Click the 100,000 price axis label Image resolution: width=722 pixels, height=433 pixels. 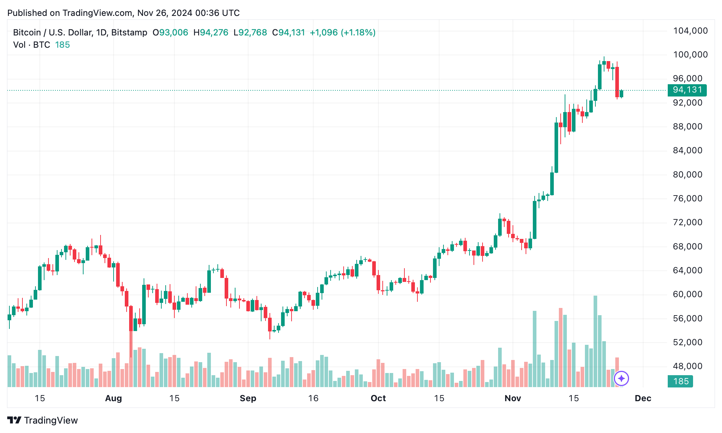(x=690, y=55)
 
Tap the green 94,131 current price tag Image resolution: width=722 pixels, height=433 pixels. (x=687, y=90)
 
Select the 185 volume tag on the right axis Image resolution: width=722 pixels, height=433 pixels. (x=680, y=381)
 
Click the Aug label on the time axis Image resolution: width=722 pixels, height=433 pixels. (x=113, y=398)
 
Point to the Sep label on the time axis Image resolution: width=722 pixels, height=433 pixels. (x=248, y=398)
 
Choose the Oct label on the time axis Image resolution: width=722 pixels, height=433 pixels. (x=378, y=398)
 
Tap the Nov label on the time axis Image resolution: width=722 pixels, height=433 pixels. (x=513, y=398)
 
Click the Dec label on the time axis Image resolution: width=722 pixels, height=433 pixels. (x=643, y=398)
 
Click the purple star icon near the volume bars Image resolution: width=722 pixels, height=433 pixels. (x=621, y=378)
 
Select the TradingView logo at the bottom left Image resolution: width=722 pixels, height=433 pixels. (x=43, y=420)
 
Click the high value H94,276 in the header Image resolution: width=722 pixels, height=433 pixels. (x=211, y=33)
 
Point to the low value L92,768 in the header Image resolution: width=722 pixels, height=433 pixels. (x=250, y=33)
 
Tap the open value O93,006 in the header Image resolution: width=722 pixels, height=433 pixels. (x=170, y=33)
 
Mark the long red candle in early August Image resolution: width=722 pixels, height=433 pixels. (x=131, y=318)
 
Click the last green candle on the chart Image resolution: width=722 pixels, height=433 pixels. (x=621, y=94)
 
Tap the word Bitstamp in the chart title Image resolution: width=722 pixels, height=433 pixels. (x=129, y=33)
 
